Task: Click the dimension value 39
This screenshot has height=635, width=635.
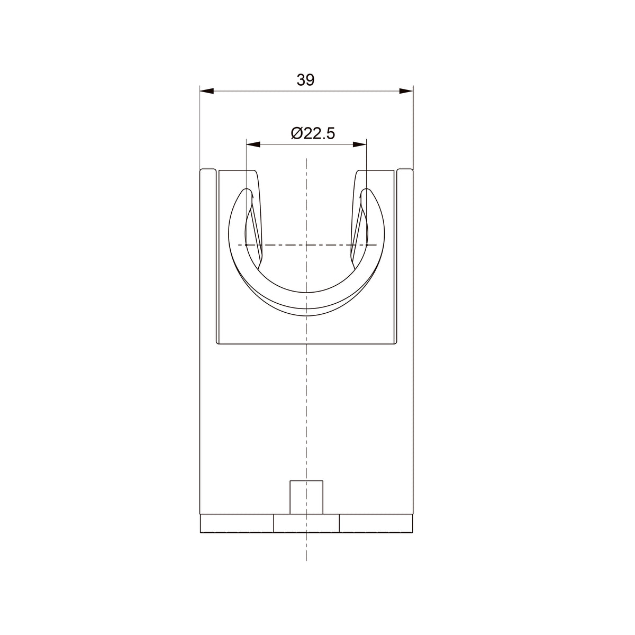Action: [305, 80]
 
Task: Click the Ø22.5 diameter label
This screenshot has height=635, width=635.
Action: [313, 134]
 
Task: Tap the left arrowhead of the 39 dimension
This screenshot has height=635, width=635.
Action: [207, 91]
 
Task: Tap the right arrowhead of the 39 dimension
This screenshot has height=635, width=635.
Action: [406, 91]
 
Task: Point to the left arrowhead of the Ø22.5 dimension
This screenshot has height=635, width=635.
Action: [253, 144]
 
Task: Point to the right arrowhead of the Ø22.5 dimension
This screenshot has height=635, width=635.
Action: [359, 144]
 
